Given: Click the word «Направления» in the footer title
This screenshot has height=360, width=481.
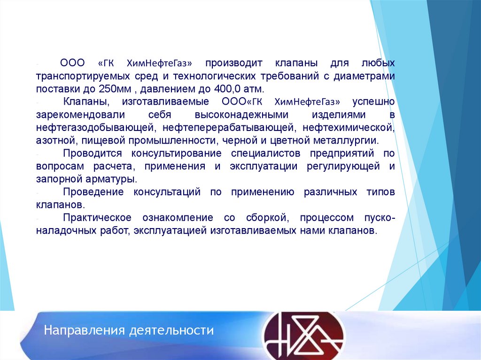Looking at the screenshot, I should [x=82, y=330].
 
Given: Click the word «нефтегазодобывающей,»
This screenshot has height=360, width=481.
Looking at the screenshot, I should [x=96, y=127].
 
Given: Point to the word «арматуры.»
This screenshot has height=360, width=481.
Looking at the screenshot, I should [x=112, y=179].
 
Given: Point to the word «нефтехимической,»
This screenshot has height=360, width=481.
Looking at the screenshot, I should [x=348, y=127].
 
